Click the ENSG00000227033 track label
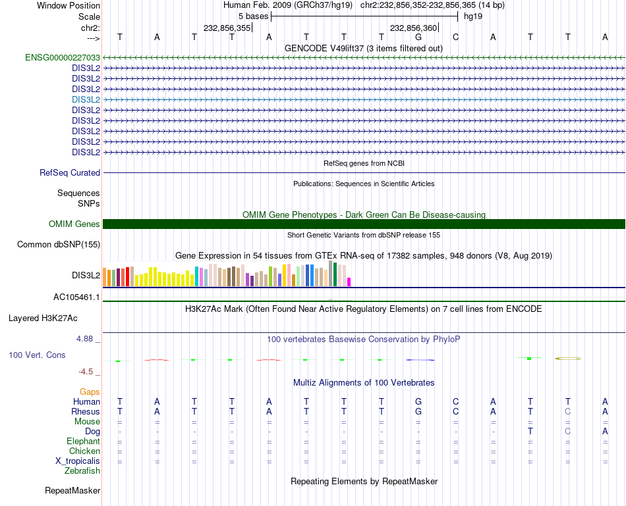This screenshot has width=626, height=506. coord(63,57)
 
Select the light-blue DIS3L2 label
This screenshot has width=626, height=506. coord(86,99)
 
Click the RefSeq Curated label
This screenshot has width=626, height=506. coord(70,172)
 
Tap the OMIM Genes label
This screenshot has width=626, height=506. coord(74,224)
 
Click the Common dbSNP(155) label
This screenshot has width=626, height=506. coord(58,245)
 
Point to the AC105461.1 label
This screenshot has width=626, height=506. coord(76,297)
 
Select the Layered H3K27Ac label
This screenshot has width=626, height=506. coord(43,318)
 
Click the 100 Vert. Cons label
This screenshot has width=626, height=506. coord(37,355)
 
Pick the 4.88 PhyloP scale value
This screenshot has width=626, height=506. coord(85,339)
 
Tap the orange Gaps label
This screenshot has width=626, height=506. coord(90,392)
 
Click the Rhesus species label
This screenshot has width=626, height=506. coord(86,411)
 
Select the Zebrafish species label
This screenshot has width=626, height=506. coord(82,470)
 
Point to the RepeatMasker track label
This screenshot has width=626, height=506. coord(72,490)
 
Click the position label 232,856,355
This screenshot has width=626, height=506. coord(227,28)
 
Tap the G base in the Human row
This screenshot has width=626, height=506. coord(418,401)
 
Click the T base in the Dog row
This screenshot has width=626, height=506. coord(530,431)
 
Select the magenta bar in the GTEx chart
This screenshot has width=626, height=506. coord(349,282)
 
